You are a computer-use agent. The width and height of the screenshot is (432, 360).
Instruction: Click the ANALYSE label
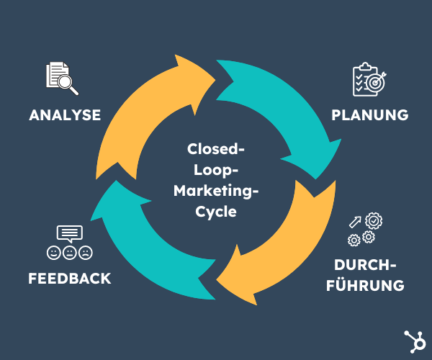point(65,114)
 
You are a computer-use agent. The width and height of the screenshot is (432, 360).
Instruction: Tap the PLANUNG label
point(370,114)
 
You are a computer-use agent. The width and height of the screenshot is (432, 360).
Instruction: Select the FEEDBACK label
point(70,278)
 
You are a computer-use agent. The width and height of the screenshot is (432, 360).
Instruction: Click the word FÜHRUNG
point(365,284)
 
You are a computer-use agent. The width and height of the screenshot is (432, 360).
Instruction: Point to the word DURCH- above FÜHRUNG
point(365,264)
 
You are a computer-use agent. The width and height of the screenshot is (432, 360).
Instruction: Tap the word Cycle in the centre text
point(217,212)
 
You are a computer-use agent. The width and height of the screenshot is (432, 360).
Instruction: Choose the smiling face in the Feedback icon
point(53,253)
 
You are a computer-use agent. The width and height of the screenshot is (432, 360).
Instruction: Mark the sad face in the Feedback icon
point(86,253)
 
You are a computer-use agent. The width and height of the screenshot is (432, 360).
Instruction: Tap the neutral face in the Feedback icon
point(70,253)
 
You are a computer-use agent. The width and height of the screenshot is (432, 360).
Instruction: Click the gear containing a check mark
point(373,220)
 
